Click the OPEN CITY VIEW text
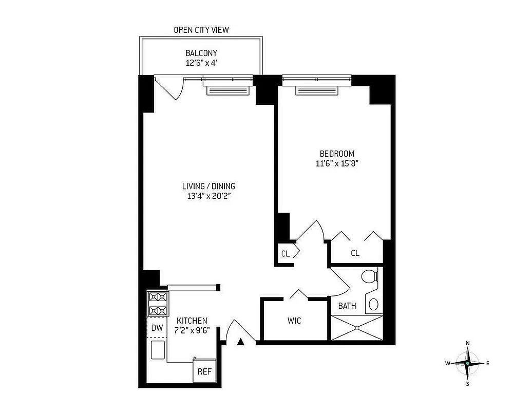click(x=201, y=30)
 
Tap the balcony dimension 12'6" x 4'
click(x=201, y=64)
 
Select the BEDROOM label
click(x=337, y=154)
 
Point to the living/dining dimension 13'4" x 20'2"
click(x=208, y=196)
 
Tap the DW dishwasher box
click(x=157, y=327)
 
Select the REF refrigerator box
click(x=205, y=372)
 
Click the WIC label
click(x=294, y=321)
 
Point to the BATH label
click(x=347, y=306)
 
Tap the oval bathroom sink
click(x=374, y=304)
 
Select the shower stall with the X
click(x=357, y=327)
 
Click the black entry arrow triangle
click(x=241, y=341)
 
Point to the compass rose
click(x=467, y=363)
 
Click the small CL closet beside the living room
click(x=286, y=254)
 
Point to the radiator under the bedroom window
click(x=317, y=90)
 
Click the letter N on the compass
click(x=467, y=343)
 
